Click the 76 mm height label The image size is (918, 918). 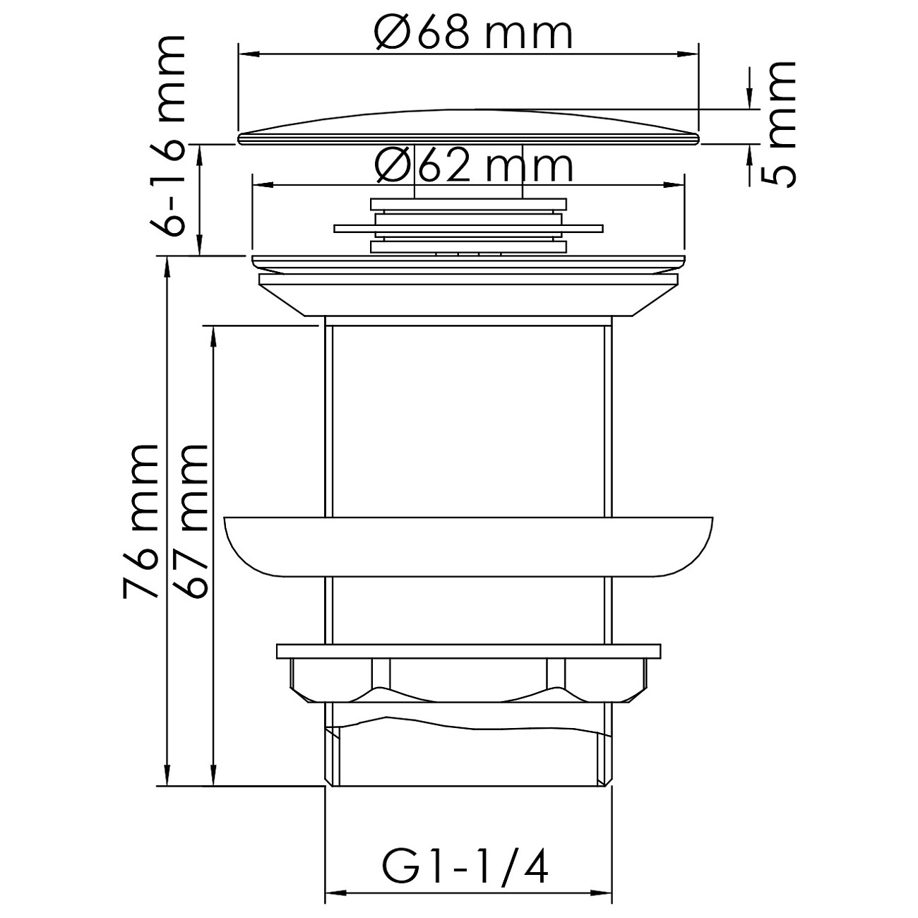[x=140, y=521]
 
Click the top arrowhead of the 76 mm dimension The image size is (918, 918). [x=167, y=264]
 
